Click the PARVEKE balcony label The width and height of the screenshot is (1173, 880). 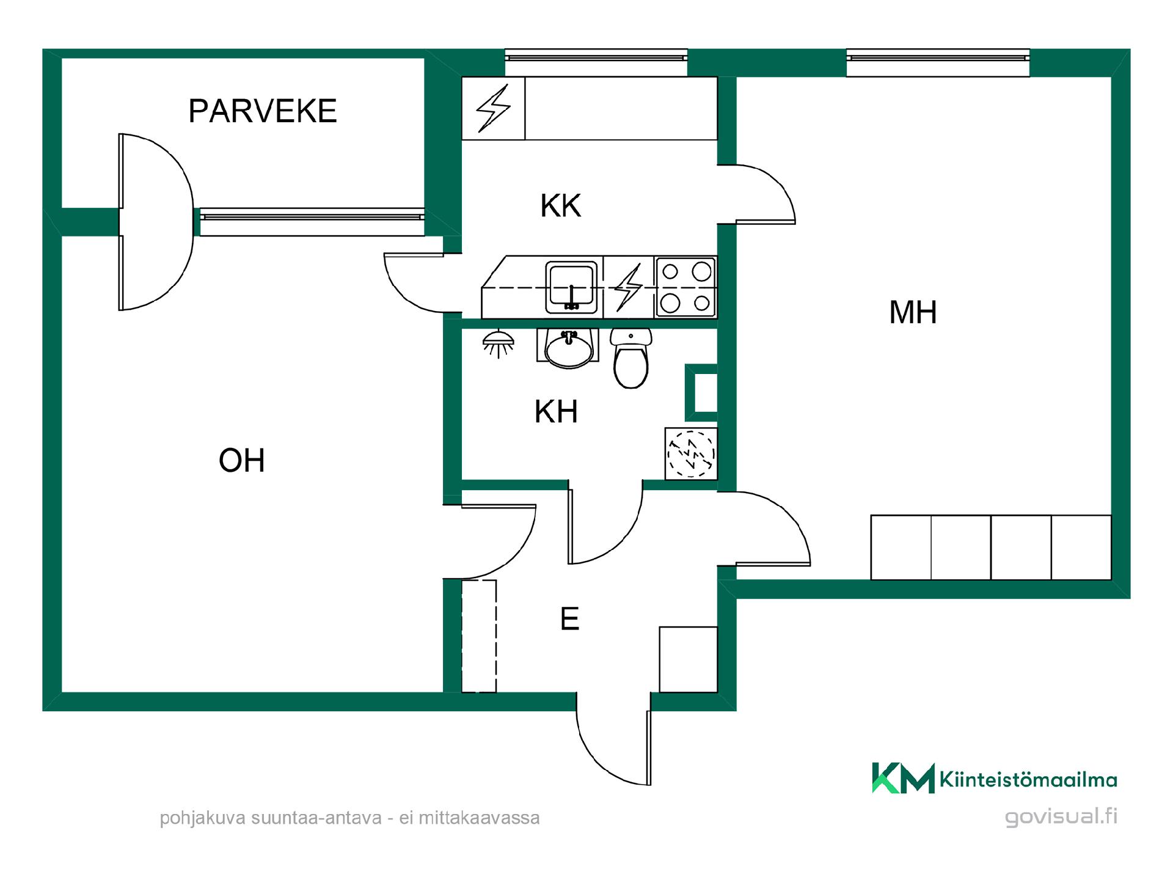pos(263,111)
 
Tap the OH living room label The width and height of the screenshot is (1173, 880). pos(242,460)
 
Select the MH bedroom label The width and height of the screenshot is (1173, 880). pos(913,312)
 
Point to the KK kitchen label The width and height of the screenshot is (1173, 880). pos(561,206)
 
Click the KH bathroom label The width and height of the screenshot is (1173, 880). pos(556,412)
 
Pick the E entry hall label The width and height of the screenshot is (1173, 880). pos(569,619)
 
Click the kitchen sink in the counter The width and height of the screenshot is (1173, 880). pos(571,287)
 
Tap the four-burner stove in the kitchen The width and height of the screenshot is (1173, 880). pos(685,287)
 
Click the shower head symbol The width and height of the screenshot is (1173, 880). pos(499,344)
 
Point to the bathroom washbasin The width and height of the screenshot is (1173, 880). pos(569,348)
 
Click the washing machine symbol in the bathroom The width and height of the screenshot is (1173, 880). pos(691,453)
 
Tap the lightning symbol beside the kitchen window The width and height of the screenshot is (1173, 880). pos(493,108)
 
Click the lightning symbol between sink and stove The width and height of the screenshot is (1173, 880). pos(628,287)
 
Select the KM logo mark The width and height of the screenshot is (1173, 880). pos(903,778)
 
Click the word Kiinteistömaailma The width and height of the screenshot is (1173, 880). pos(1029,780)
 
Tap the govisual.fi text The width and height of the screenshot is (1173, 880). pos(1061,817)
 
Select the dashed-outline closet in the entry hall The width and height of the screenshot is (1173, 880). pos(479,636)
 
